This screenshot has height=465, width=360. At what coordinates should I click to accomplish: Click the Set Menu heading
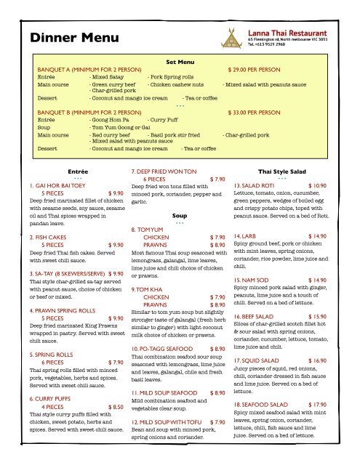coord(180,62)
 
